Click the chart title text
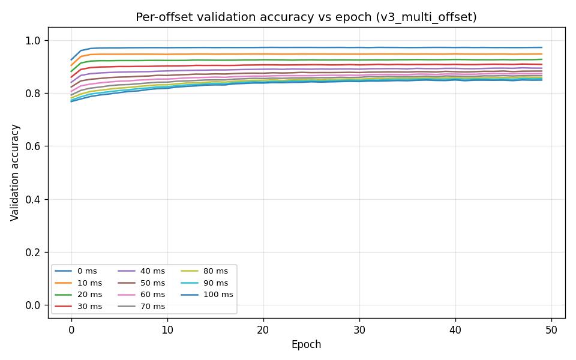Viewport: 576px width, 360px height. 306,17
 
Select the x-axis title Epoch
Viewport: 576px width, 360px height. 306,344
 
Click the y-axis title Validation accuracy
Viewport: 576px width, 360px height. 15,172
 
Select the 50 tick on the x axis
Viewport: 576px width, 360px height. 551,329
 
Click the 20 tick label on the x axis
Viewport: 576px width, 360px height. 263,329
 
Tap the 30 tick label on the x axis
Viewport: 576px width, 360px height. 359,329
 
